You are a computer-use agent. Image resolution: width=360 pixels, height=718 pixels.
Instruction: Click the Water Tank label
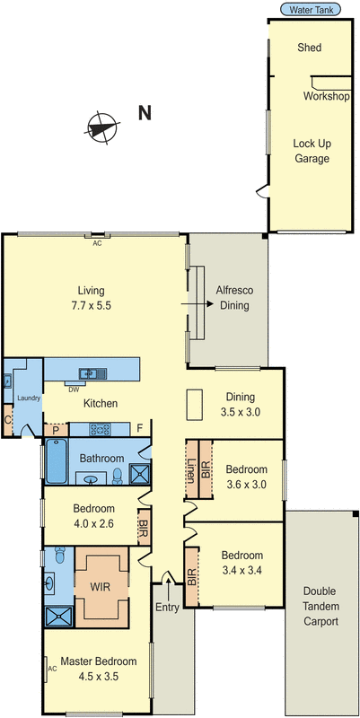coord(308,10)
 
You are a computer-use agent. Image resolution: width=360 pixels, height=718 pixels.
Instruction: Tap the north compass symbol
coord(102,127)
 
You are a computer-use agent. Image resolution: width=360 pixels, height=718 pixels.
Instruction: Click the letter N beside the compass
coord(145,113)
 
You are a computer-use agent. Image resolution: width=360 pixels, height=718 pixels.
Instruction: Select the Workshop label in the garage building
coord(326,96)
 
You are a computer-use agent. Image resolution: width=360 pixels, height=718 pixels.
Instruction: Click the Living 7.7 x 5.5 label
coord(92,297)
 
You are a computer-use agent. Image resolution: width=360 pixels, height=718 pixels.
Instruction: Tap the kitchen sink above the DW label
coord(92,372)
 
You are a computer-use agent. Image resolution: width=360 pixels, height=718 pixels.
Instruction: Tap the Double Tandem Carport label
coord(320,606)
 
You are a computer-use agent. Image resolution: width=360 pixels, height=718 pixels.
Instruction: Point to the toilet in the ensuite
coord(58,555)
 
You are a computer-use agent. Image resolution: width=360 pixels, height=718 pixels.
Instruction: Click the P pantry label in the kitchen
coord(56,429)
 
